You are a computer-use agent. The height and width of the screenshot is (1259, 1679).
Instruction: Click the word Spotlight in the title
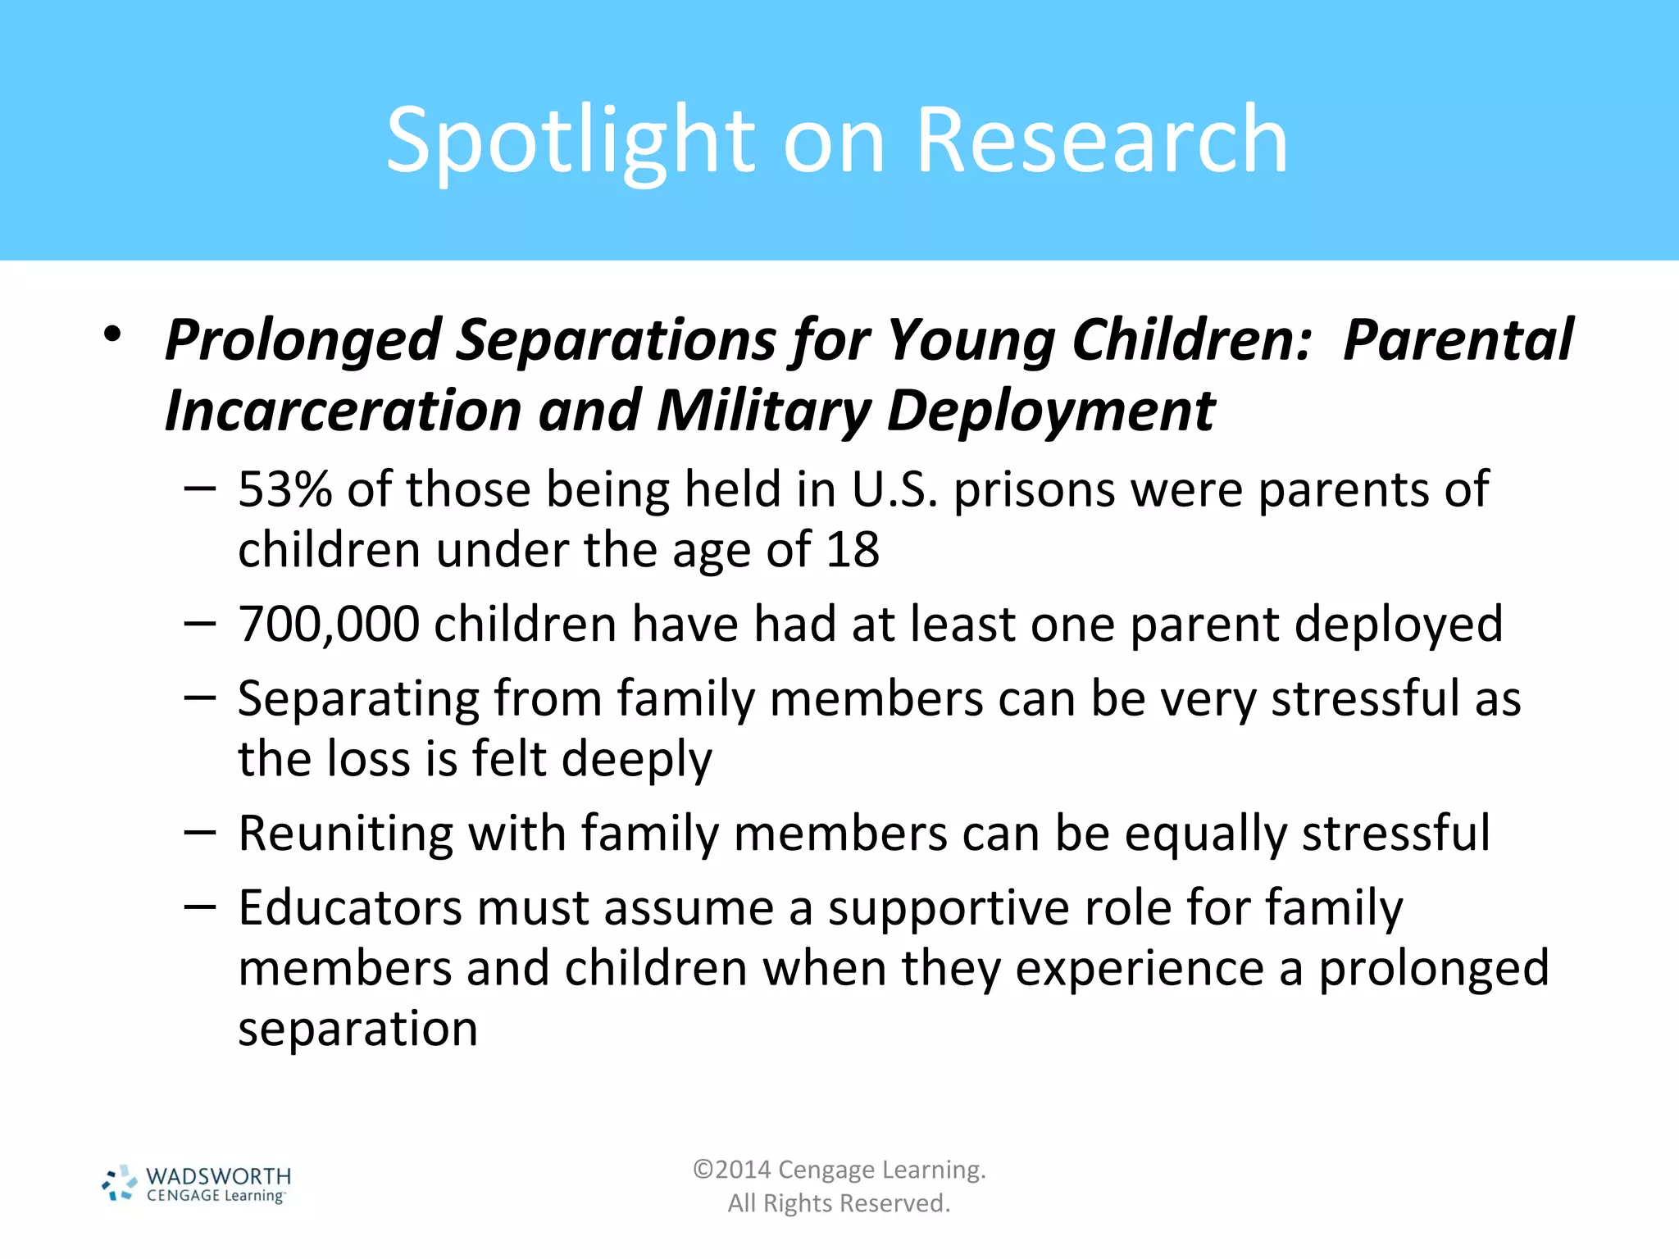point(570,141)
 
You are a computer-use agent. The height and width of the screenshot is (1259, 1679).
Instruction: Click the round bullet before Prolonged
point(112,334)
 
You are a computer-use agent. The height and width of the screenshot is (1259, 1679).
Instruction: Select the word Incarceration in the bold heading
point(343,410)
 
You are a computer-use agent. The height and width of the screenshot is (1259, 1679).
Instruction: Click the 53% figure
point(284,489)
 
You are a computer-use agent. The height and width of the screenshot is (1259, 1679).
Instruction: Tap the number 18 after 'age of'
point(853,549)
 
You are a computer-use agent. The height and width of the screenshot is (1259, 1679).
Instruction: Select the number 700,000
point(328,625)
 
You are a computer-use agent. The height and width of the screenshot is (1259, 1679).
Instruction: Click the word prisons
point(1035,491)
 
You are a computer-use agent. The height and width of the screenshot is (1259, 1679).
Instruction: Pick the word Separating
point(358,699)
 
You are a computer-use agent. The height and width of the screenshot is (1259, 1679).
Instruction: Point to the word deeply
point(637,760)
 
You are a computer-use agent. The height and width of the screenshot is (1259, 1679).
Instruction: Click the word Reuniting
point(345,834)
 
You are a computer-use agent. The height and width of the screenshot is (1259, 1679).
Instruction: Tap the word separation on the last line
point(357,1029)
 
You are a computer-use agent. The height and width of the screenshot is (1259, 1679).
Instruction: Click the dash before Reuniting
point(199,834)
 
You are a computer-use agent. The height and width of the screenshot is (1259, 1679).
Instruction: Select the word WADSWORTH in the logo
point(218,1176)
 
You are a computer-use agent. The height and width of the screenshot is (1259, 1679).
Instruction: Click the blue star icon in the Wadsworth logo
point(120,1184)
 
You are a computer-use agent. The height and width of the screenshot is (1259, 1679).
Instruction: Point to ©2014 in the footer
point(731,1170)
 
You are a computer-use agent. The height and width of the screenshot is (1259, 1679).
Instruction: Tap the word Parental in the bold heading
point(1458,339)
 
